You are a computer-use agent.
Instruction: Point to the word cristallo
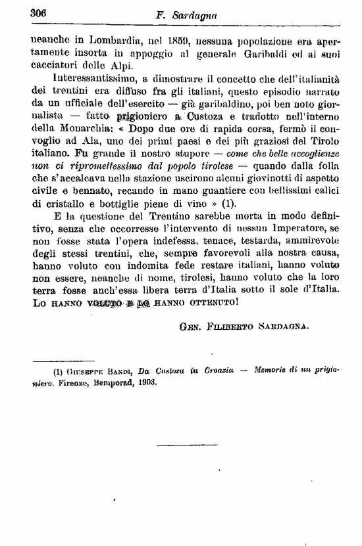pos(68,204)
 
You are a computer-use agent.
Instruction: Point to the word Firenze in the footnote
pos(76,384)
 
